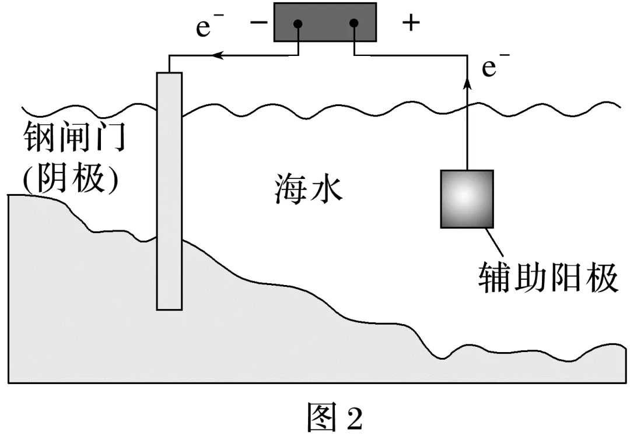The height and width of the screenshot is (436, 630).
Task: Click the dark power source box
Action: click(325, 22)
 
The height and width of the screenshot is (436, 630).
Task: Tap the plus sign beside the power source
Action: click(411, 23)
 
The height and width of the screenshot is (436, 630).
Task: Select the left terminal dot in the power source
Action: click(298, 24)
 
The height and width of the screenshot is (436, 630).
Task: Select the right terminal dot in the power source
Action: click(353, 24)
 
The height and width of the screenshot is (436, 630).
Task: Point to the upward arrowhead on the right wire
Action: click(467, 84)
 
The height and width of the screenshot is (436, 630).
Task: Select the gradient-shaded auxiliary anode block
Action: click(467, 198)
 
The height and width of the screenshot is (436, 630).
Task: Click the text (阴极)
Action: click(70, 180)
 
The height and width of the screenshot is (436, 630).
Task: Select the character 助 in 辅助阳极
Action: click(529, 278)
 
